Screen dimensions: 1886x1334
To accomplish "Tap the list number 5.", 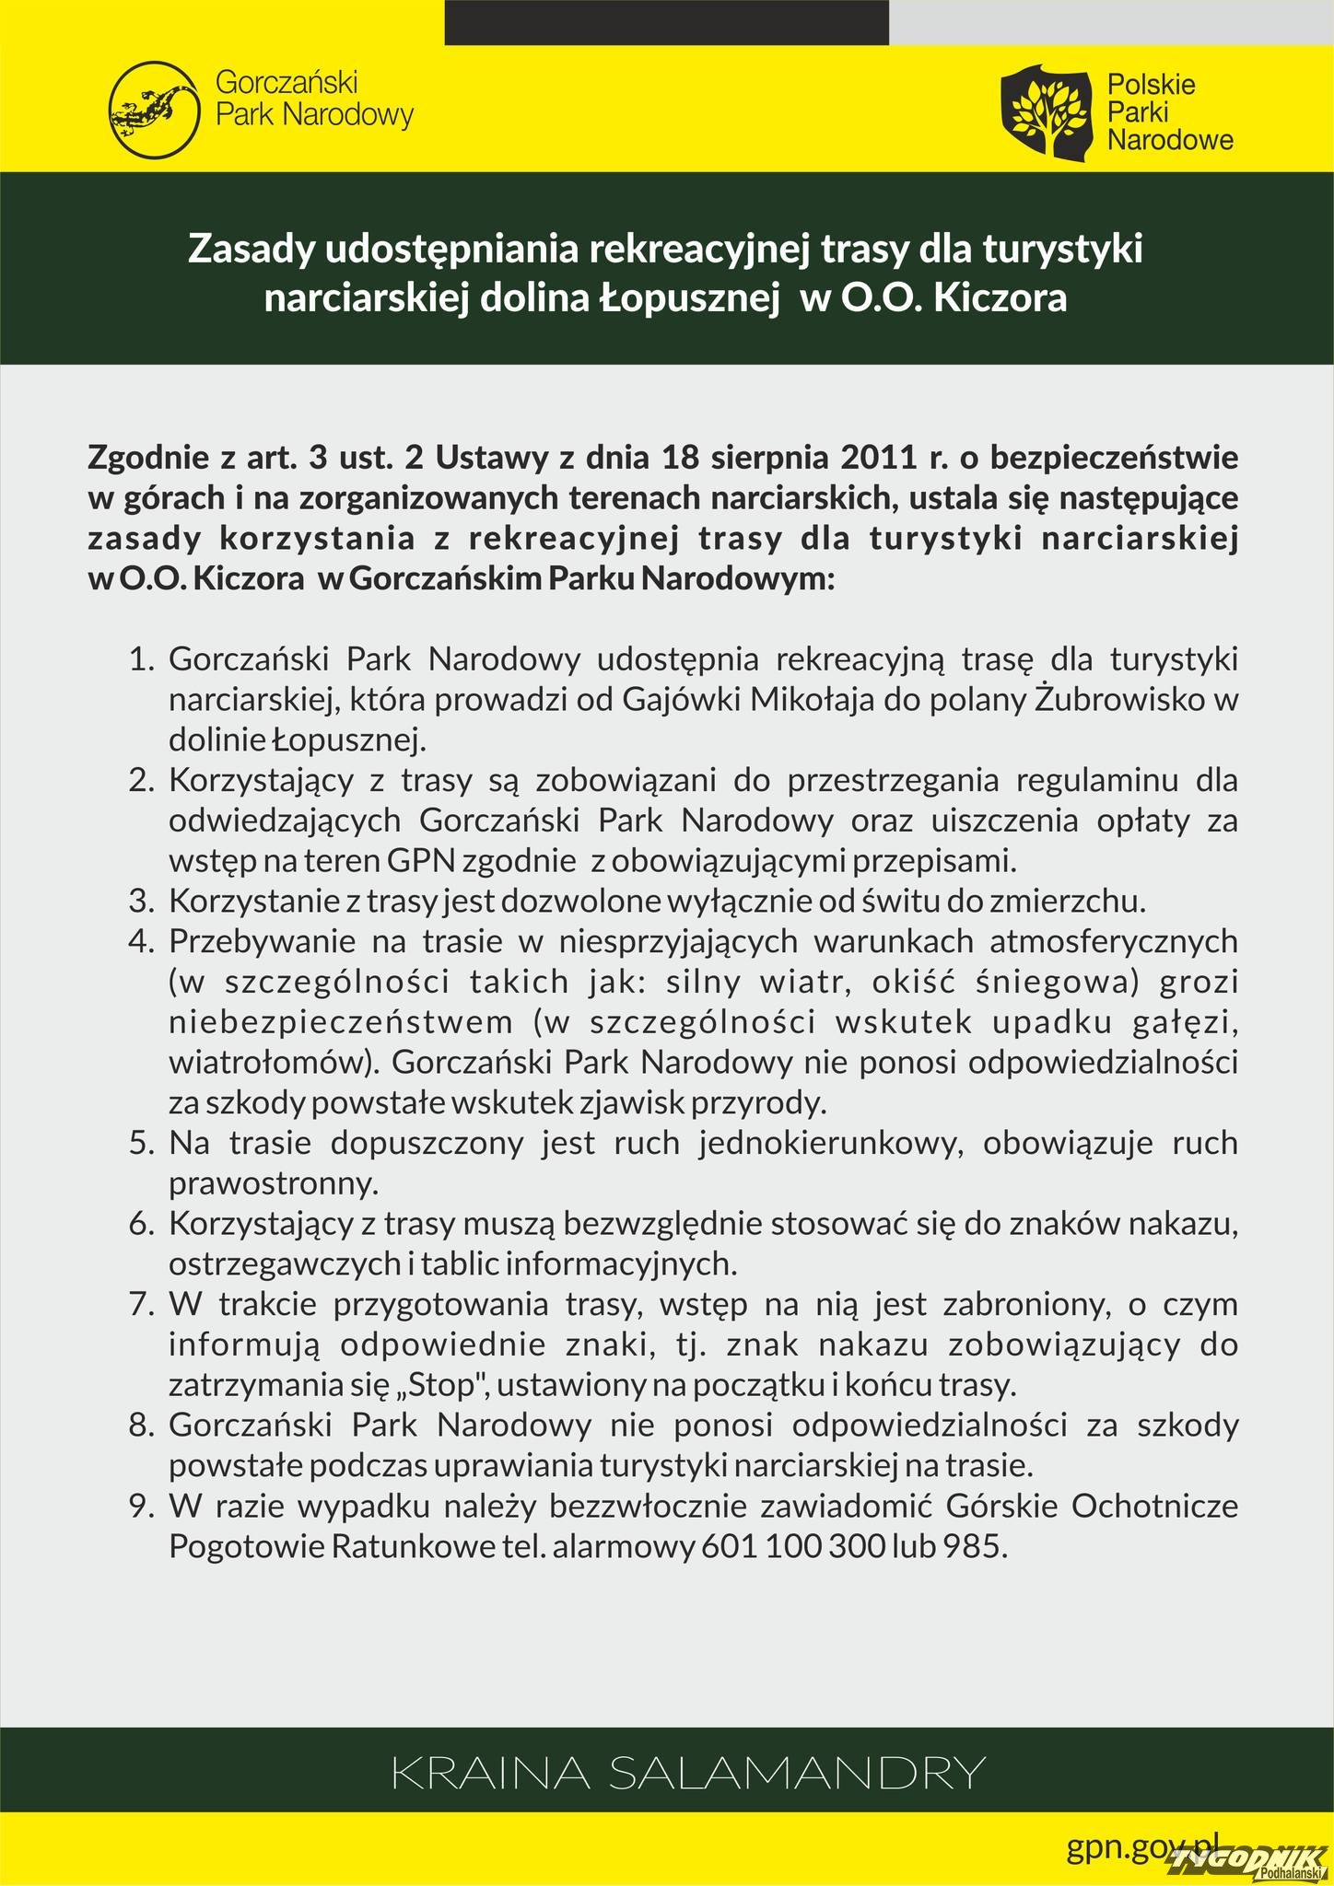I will click(140, 1143).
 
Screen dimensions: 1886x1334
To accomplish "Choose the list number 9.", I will click(140, 1506).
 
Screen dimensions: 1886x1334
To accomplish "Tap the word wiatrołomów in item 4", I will click(274, 1063).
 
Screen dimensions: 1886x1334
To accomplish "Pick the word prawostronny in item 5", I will click(274, 1183).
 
